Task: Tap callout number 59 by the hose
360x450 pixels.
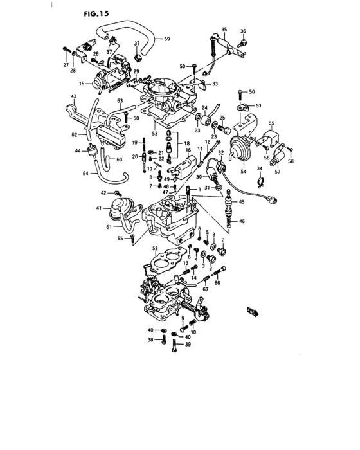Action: [166, 40]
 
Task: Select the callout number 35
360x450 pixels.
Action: [224, 30]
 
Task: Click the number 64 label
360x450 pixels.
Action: [86, 174]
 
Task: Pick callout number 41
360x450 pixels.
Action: [99, 208]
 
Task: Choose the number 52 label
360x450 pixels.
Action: [154, 248]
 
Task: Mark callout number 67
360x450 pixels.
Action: [205, 289]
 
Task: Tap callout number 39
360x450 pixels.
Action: [188, 345]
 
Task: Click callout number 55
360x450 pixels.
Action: [271, 123]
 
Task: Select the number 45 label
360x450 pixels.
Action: [242, 203]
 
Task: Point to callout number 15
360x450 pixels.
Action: [82, 84]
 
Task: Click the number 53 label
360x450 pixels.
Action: [154, 133]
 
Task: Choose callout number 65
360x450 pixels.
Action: [120, 238]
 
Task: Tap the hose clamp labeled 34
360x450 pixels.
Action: [260, 181]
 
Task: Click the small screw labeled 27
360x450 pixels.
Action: [66, 49]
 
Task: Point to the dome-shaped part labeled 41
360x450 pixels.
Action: [116, 208]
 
